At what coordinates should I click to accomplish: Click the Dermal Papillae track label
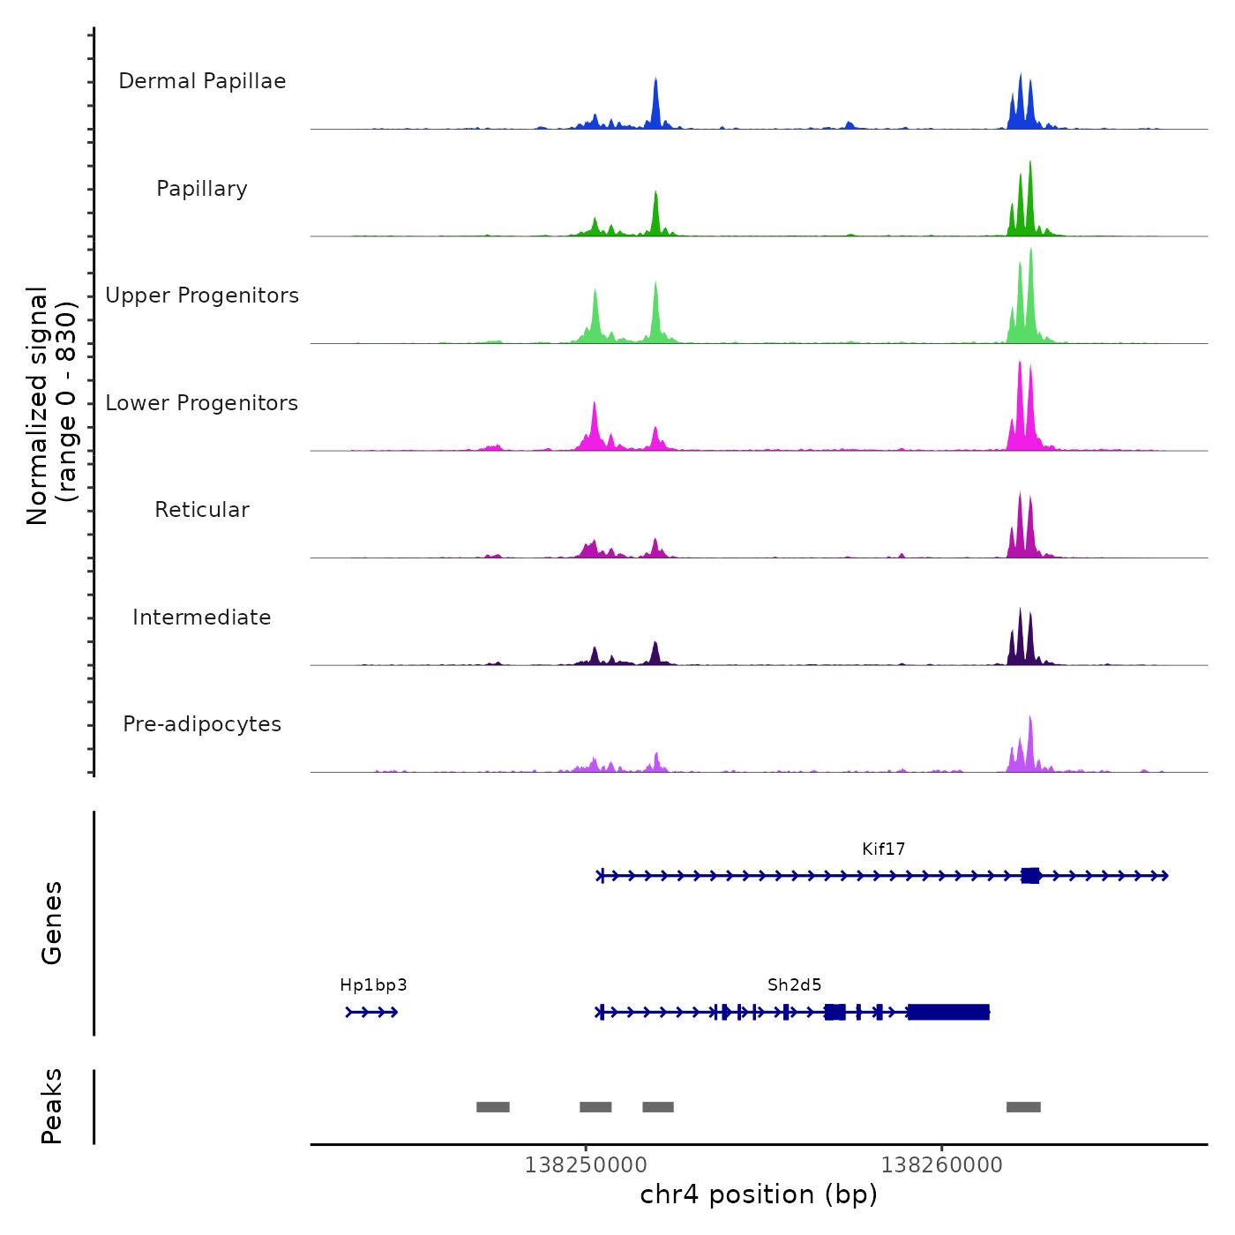coord(202,81)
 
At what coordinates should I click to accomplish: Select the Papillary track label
coord(202,189)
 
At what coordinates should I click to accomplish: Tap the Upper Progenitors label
coord(202,296)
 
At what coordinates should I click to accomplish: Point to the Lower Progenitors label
coord(202,403)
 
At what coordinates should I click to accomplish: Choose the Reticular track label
coord(202,510)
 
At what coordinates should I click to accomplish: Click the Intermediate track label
coord(202,617)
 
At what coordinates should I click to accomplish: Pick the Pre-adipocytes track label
coord(202,724)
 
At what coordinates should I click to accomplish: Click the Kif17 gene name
coord(883,850)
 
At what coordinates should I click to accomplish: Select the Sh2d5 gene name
coord(794,985)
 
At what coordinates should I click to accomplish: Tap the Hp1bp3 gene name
coord(373,985)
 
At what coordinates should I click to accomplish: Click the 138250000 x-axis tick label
coord(585,1165)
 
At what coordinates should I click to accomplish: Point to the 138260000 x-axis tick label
coord(941,1165)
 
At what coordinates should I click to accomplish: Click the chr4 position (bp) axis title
coord(759,1194)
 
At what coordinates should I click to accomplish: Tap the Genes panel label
coord(52,923)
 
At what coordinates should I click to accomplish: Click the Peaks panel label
coord(52,1106)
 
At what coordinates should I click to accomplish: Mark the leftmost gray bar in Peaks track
coord(493,1107)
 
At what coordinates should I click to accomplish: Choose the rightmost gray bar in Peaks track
coord(1023,1107)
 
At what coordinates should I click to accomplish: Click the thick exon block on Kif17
coord(1030,876)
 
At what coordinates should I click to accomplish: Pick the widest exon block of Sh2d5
coord(948,1012)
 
